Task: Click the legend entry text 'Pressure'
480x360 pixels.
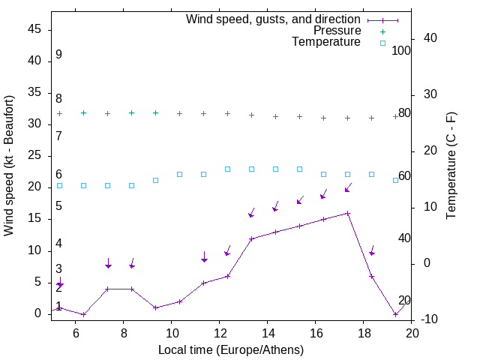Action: (x=337, y=31)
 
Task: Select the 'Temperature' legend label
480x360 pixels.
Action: (x=326, y=42)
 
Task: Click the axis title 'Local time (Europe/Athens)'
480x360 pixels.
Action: (x=231, y=349)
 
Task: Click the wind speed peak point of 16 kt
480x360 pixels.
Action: (x=347, y=213)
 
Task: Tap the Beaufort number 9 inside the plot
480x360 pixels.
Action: (x=58, y=55)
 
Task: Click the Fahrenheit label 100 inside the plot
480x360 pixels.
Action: (x=402, y=50)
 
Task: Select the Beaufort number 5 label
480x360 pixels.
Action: (x=58, y=206)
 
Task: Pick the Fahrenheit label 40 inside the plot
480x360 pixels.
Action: (x=404, y=238)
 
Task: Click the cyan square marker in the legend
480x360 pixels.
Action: (x=382, y=43)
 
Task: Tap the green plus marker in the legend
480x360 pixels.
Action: (x=382, y=31)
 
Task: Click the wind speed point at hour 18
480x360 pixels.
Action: (x=371, y=276)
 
